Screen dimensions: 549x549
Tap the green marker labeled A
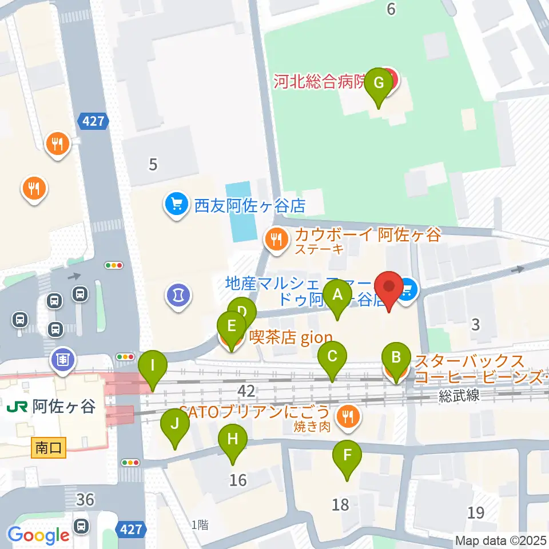[337, 296]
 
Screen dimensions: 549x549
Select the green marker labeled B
[395, 359]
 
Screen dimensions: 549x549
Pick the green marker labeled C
[332, 358]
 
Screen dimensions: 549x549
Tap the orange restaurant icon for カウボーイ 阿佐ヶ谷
[277, 240]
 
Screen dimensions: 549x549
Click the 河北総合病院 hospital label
[326, 82]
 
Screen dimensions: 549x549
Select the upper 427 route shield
[92, 121]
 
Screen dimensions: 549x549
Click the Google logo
[38, 535]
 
